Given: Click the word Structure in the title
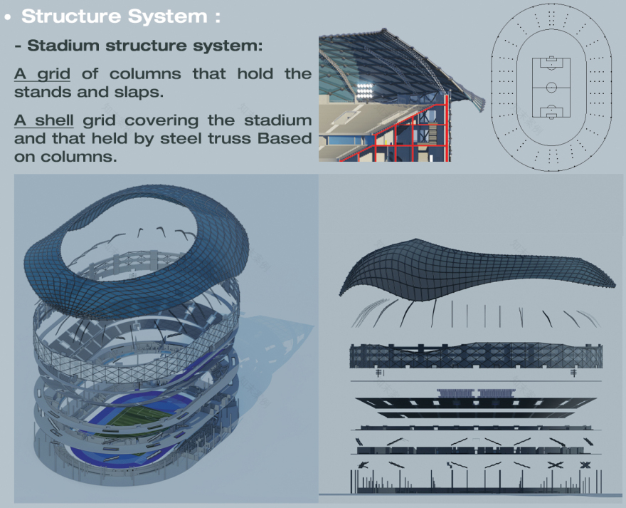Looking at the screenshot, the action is click(x=71, y=16).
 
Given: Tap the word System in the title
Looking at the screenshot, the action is click(x=168, y=17).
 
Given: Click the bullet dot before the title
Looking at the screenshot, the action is click(x=8, y=17).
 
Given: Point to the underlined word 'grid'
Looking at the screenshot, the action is click(x=54, y=74).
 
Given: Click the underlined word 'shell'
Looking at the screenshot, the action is click(x=54, y=120).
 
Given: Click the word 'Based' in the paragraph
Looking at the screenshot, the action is click(x=285, y=138).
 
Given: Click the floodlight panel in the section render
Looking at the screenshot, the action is click(x=364, y=90).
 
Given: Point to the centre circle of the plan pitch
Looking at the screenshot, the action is click(x=551, y=88).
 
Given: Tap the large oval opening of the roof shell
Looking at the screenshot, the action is click(x=129, y=237).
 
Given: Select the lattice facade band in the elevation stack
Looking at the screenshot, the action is click(x=475, y=356).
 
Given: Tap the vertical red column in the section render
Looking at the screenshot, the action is click(x=446, y=128).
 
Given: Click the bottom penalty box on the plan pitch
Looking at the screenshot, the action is click(x=551, y=112).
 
